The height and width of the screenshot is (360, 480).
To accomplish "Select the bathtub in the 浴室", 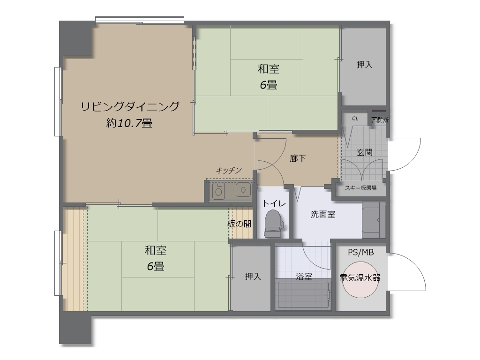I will click(x=303, y=294).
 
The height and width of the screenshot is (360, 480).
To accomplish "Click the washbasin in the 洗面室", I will click(x=374, y=220).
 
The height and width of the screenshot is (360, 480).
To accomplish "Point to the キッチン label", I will click(x=229, y=171).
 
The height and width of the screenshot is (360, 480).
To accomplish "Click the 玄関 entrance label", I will click(x=364, y=152).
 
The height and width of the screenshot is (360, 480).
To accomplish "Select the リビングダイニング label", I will click(x=130, y=107).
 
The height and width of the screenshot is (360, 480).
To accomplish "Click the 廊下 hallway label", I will click(x=298, y=158).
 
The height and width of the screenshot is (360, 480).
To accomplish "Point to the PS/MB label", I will click(x=360, y=252).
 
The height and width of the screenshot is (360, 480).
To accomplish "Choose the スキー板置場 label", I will click(x=361, y=188).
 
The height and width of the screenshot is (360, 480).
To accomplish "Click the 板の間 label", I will click(x=239, y=224).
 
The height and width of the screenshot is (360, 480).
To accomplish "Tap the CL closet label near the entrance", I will click(x=355, y=119).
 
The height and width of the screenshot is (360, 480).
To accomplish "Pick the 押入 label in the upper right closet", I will click(x=364, y=65).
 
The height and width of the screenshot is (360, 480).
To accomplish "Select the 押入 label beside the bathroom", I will click(x=253, y=277).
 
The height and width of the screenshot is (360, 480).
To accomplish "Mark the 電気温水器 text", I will click(x=360, y=277).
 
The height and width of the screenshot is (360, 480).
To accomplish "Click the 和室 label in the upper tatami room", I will click(x=269, y=69).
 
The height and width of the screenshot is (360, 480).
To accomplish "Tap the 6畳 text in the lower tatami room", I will click(x=156, y=267).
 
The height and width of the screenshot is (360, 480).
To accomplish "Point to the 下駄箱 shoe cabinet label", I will click(x=380, y=120).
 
